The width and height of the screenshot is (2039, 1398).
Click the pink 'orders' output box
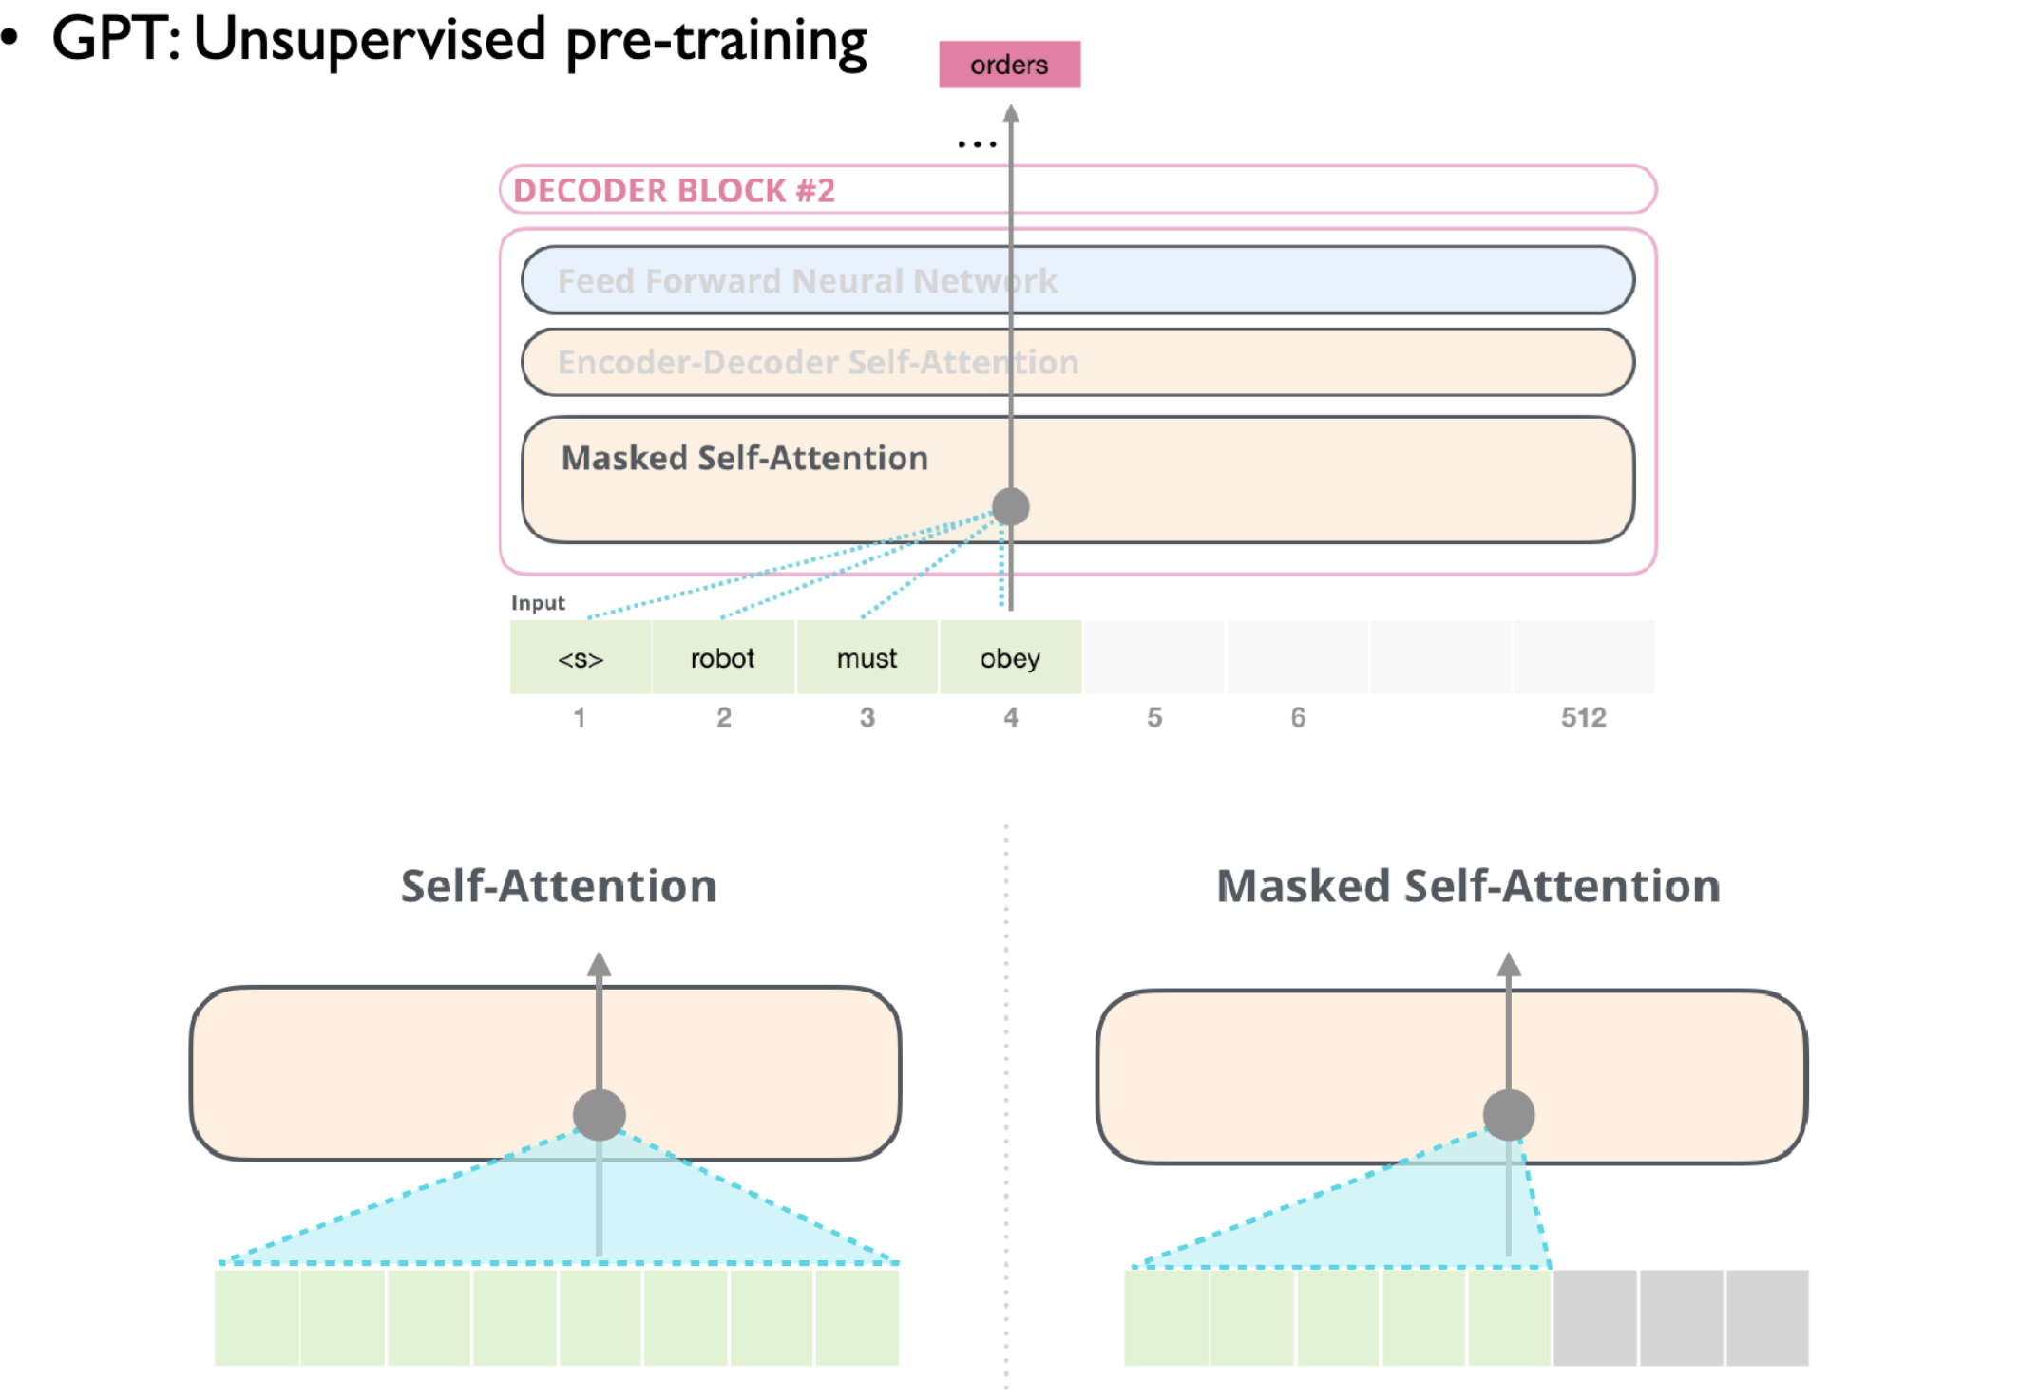[x=1009, y=65]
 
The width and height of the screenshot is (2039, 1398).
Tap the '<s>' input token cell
[x=581, y=658]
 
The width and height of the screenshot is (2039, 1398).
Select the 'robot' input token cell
[x=723, y=658]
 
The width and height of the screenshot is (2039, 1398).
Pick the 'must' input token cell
[x=867, y=658]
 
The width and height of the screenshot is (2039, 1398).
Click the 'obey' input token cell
[x=1010, y=658]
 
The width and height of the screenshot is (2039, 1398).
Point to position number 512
[x=1583, y=718]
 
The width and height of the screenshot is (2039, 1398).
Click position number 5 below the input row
[x=1154, y=718]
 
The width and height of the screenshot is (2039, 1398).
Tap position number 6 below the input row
[x=1298, y=718]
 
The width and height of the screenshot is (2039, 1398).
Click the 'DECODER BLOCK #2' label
[x=674, y=191]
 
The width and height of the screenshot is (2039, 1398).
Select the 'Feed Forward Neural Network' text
[x=807, y=281]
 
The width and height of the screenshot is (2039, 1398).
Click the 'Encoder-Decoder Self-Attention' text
[x=817, y=363]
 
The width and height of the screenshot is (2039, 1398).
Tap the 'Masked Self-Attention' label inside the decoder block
[x=744, y=459]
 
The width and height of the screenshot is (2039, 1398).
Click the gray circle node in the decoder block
[x=1011, y=506]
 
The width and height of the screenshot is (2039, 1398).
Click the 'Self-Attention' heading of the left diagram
[x=559, y=886]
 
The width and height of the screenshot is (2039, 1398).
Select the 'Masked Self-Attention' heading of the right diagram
[x=1468, y=886]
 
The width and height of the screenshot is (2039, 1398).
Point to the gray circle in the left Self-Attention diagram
[x=599, y=1114]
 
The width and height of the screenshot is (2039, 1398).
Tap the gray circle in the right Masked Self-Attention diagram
[x=1509, y=1114]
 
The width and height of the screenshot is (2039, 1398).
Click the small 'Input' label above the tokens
[x=538, y=603]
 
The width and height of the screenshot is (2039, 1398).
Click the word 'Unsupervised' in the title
[x=370, y=40]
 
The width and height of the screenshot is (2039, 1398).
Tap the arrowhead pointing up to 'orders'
[x=1011, y=114]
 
